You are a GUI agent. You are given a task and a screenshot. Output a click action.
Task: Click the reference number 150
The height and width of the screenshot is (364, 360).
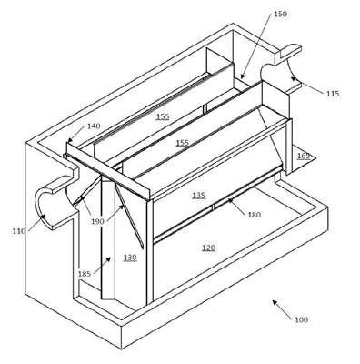tap(280, 14)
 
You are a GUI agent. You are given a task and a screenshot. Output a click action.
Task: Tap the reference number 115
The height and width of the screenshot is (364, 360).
tap(333, 94)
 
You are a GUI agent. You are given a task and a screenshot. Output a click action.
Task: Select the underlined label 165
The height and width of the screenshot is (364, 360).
tap(304, 156)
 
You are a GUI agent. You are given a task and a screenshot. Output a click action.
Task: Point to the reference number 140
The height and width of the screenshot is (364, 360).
tap(94, 126)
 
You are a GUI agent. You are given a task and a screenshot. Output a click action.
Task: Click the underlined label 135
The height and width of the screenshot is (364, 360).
tap(198, 196)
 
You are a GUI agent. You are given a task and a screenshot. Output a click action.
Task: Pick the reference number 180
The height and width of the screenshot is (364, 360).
tap(254, 215)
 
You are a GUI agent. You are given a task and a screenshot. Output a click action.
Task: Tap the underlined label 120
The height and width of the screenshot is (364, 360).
tap(208, 248)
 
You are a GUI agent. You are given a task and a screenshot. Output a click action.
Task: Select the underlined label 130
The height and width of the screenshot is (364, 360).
tap(130, 258)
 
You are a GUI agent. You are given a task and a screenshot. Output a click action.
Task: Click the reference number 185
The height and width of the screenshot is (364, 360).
tap(85, 274)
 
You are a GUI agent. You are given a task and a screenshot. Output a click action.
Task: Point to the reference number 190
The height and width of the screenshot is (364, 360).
tap(97, 221)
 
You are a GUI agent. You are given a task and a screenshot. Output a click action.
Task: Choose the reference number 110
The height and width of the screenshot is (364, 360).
tap(19, 231)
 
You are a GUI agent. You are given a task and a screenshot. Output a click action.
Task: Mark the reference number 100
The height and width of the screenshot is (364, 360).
tap(301, 319)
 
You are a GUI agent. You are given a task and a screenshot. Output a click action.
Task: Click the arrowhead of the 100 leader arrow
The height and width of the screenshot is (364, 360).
tap(274, 302)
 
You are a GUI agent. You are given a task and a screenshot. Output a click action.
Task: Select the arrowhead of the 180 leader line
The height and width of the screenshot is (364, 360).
tap(230, 200)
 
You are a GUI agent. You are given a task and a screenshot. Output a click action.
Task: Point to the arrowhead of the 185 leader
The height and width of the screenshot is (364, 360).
tap(108, 258)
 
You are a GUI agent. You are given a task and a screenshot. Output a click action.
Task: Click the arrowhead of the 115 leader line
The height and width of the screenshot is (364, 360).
tap(293, 79)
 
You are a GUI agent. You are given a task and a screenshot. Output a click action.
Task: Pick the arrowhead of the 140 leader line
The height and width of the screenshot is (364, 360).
tap(69, 140)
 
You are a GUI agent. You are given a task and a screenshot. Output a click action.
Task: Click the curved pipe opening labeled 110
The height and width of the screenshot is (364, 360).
tap(37, 207)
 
